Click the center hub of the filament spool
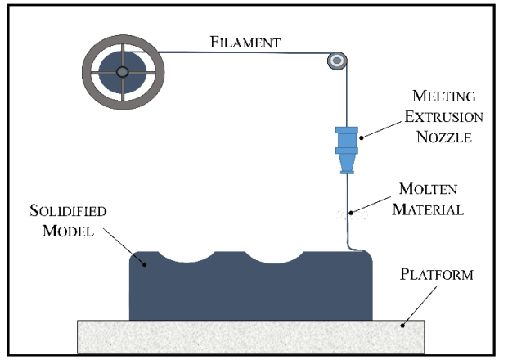122,72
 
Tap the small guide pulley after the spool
337,61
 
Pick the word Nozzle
443,137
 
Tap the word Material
428,209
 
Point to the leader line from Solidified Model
124,246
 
